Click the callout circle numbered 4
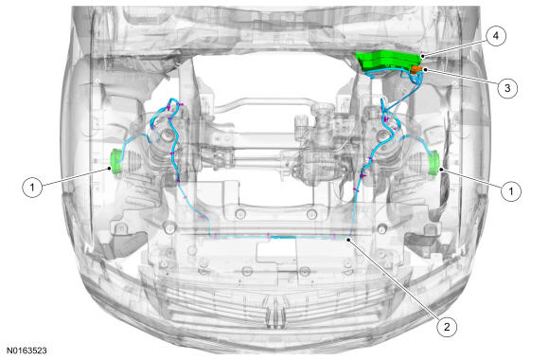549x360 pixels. coord(495,36)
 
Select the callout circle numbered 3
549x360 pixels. coord(507,88)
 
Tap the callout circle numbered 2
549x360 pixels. coord(447,327)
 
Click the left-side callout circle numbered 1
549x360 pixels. coord(32,187)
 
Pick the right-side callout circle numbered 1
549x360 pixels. coord(511,191)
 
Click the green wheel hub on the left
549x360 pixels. coord(115,162)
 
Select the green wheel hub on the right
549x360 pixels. coord(434,163)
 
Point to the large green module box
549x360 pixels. coord(389,62)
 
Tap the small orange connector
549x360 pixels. coord(416,69)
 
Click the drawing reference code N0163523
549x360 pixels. coord(27,351)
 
